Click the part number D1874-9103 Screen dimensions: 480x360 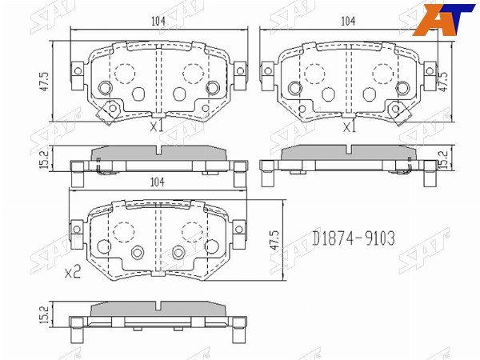pos(354,238)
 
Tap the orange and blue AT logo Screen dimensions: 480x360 pos(443,19)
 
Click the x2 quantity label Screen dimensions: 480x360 pos(73,271)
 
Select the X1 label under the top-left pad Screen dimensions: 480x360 pos(157,126)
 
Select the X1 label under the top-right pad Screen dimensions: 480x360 pos(350,126)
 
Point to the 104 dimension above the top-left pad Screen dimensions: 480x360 pos(158,21)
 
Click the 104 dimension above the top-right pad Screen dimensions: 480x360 pos(348,21)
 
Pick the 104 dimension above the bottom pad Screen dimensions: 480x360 pos(157,182)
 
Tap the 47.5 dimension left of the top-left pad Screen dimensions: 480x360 pos(44,82)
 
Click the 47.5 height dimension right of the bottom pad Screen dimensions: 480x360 pos(274,240)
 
